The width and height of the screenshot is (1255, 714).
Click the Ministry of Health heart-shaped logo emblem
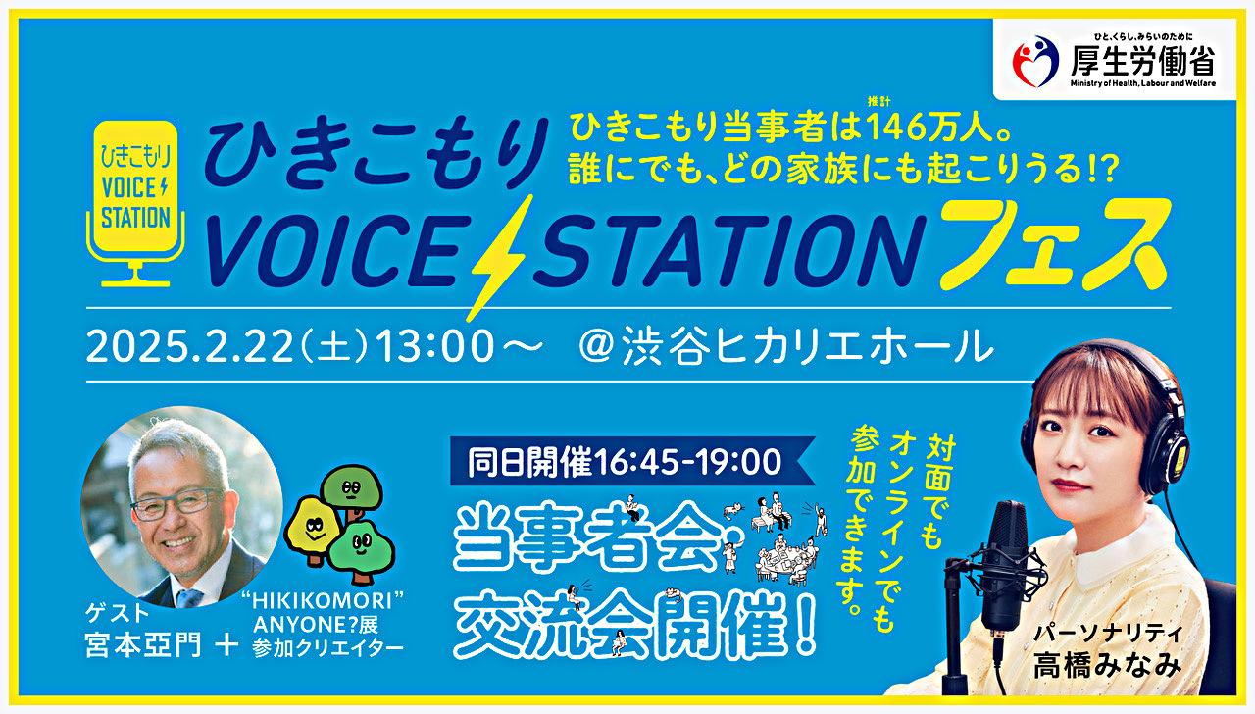point(1035,62)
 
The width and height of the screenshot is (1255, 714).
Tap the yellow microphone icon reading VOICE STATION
point(135,203)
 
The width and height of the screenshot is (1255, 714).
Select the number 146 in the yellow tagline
point(901,127)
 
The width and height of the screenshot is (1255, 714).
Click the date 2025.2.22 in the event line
point(190,346)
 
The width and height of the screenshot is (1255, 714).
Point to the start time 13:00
point(434,346)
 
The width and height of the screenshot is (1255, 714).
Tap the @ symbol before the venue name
point(596,347)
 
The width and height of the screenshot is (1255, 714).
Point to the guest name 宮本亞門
point(143,645)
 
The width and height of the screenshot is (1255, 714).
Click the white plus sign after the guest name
point(226,645)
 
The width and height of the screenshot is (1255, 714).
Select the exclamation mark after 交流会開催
point(806,627)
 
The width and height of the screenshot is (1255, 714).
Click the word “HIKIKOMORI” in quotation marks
point(323,601)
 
